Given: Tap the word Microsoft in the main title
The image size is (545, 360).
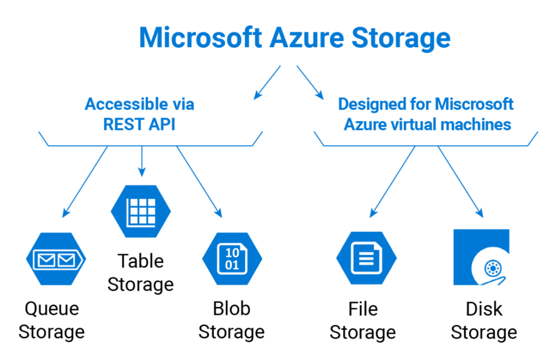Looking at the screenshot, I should (200, 37).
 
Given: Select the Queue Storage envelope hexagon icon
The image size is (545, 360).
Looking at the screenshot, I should (56, 259).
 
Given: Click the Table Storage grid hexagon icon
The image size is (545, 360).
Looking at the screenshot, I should (141, 211).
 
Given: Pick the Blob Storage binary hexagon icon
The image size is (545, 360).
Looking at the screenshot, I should (232, 259).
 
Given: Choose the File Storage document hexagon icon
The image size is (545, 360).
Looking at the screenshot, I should (366, 259).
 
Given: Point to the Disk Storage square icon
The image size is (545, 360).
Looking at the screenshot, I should (481, 257).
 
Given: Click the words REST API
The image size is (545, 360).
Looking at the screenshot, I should (139, 124).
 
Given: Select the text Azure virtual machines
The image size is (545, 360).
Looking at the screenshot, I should (427, 124).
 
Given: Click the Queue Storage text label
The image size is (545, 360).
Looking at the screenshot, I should (52, 320).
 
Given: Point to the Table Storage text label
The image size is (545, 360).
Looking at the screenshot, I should (141, 272).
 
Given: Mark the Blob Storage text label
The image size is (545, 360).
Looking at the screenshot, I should (232, 320).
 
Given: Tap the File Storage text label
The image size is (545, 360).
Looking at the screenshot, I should (363, 320).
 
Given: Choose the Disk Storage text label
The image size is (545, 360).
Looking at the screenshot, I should (484, 320).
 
